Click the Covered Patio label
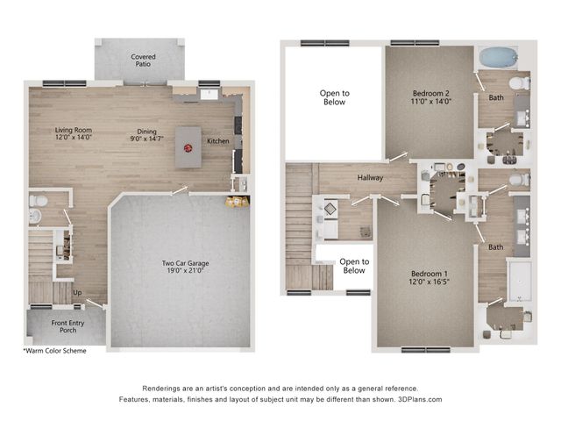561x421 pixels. tap(144, 61)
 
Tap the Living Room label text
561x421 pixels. tap(74, 134)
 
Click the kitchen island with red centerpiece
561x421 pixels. tap(188, 146)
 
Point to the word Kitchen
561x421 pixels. tap(218, 140)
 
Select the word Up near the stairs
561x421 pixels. tap(77, 292)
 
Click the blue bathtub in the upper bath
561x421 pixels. tap(497, 57)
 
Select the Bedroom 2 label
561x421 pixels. tap(430, 96)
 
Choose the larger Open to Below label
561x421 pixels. tap(333, 97)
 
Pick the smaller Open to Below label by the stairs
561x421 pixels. tap(354, 266)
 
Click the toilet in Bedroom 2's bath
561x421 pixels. tap(517, 84)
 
